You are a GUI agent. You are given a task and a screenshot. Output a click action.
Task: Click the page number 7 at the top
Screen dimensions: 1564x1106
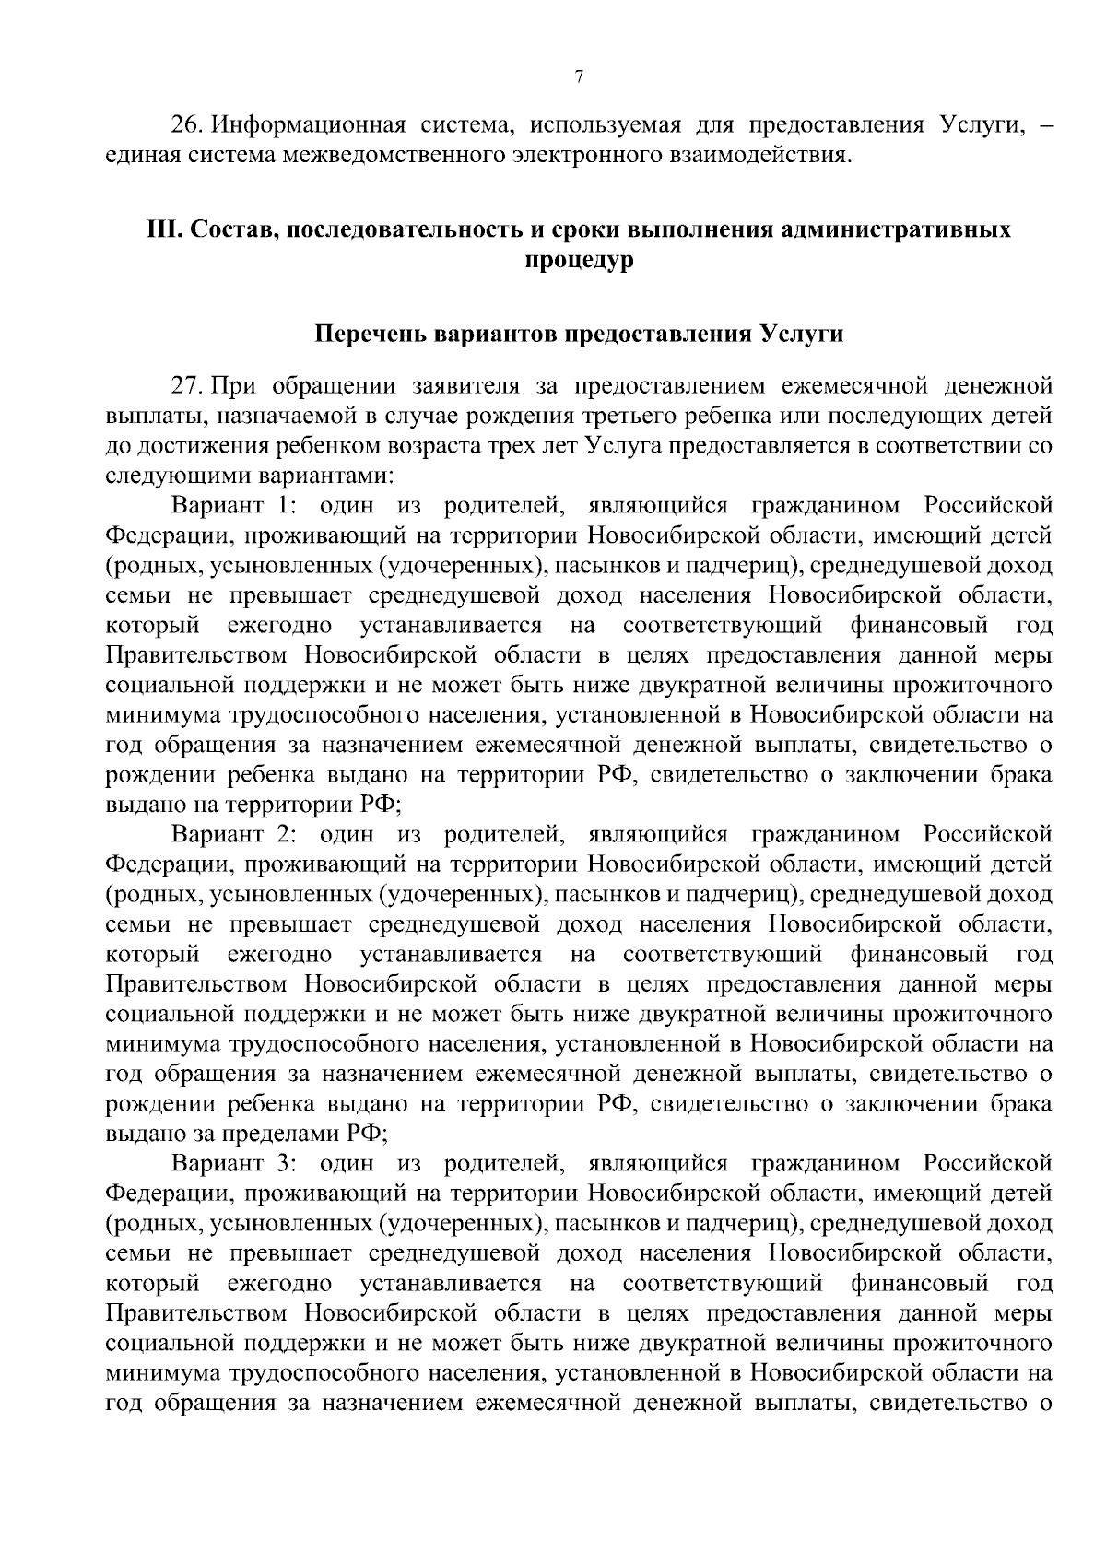pyautogui.click(x=578, y=79)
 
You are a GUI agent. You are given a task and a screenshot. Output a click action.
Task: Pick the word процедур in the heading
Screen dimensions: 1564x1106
pyautogui.click(x=579, y=260)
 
